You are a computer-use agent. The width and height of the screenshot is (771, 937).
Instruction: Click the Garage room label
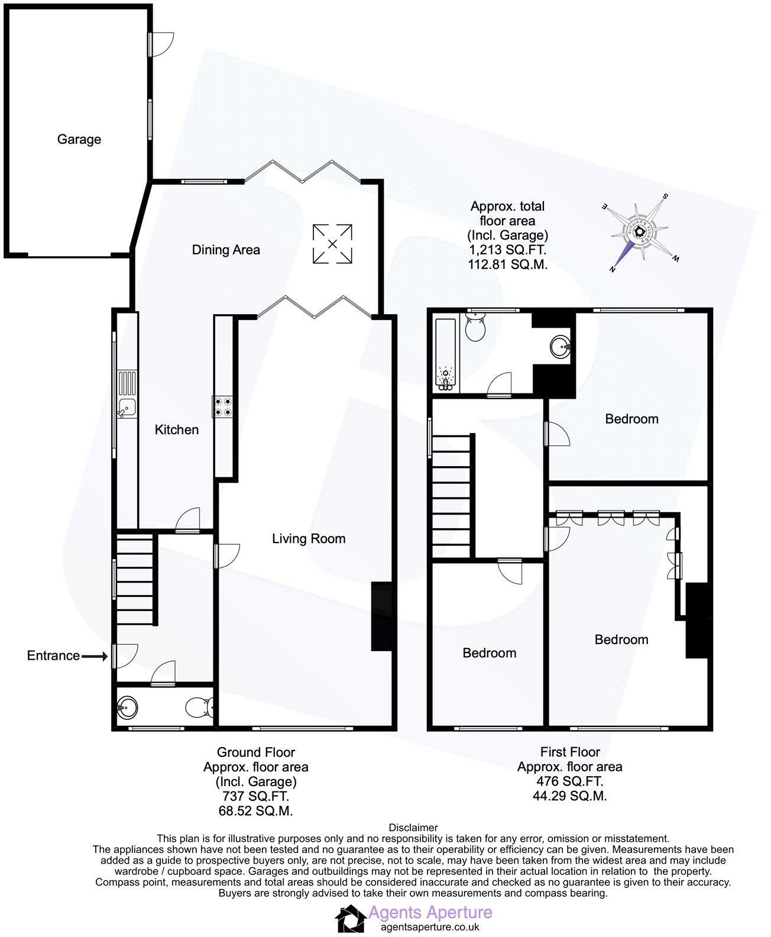click(x=79, y=140)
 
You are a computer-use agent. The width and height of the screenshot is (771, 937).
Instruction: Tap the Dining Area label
click(x=226, y=250)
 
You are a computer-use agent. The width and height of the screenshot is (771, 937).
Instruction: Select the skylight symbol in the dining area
click(x=332, y=243)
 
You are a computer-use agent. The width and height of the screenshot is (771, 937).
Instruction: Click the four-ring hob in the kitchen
click(x=223, y=406)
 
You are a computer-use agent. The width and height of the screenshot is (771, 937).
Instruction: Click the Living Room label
click(x=309, y=538)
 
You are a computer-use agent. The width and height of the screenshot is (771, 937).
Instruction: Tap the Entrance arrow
click(x=94, y=656)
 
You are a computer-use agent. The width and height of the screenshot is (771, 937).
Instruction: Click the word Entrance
click(x=53, y=655)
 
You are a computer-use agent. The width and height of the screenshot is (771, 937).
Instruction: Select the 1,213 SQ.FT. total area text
click(x=507, y=250)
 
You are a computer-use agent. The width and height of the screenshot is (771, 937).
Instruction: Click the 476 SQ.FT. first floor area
click(x=569, y=781)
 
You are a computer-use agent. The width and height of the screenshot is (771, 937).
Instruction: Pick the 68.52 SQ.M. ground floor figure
click(x=255, y=810)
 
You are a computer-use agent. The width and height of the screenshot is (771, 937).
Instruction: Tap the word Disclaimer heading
click(x=413, y=828)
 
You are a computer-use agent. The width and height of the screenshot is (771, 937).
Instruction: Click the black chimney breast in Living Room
click(x=382, y=616)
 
